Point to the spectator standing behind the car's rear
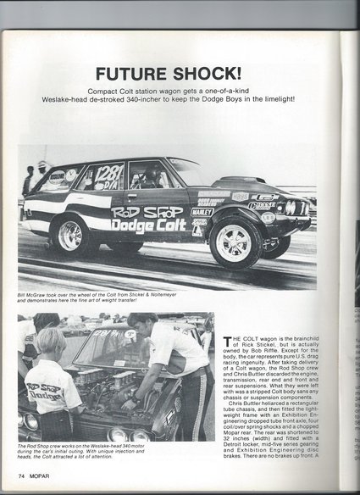pos(29,181)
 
